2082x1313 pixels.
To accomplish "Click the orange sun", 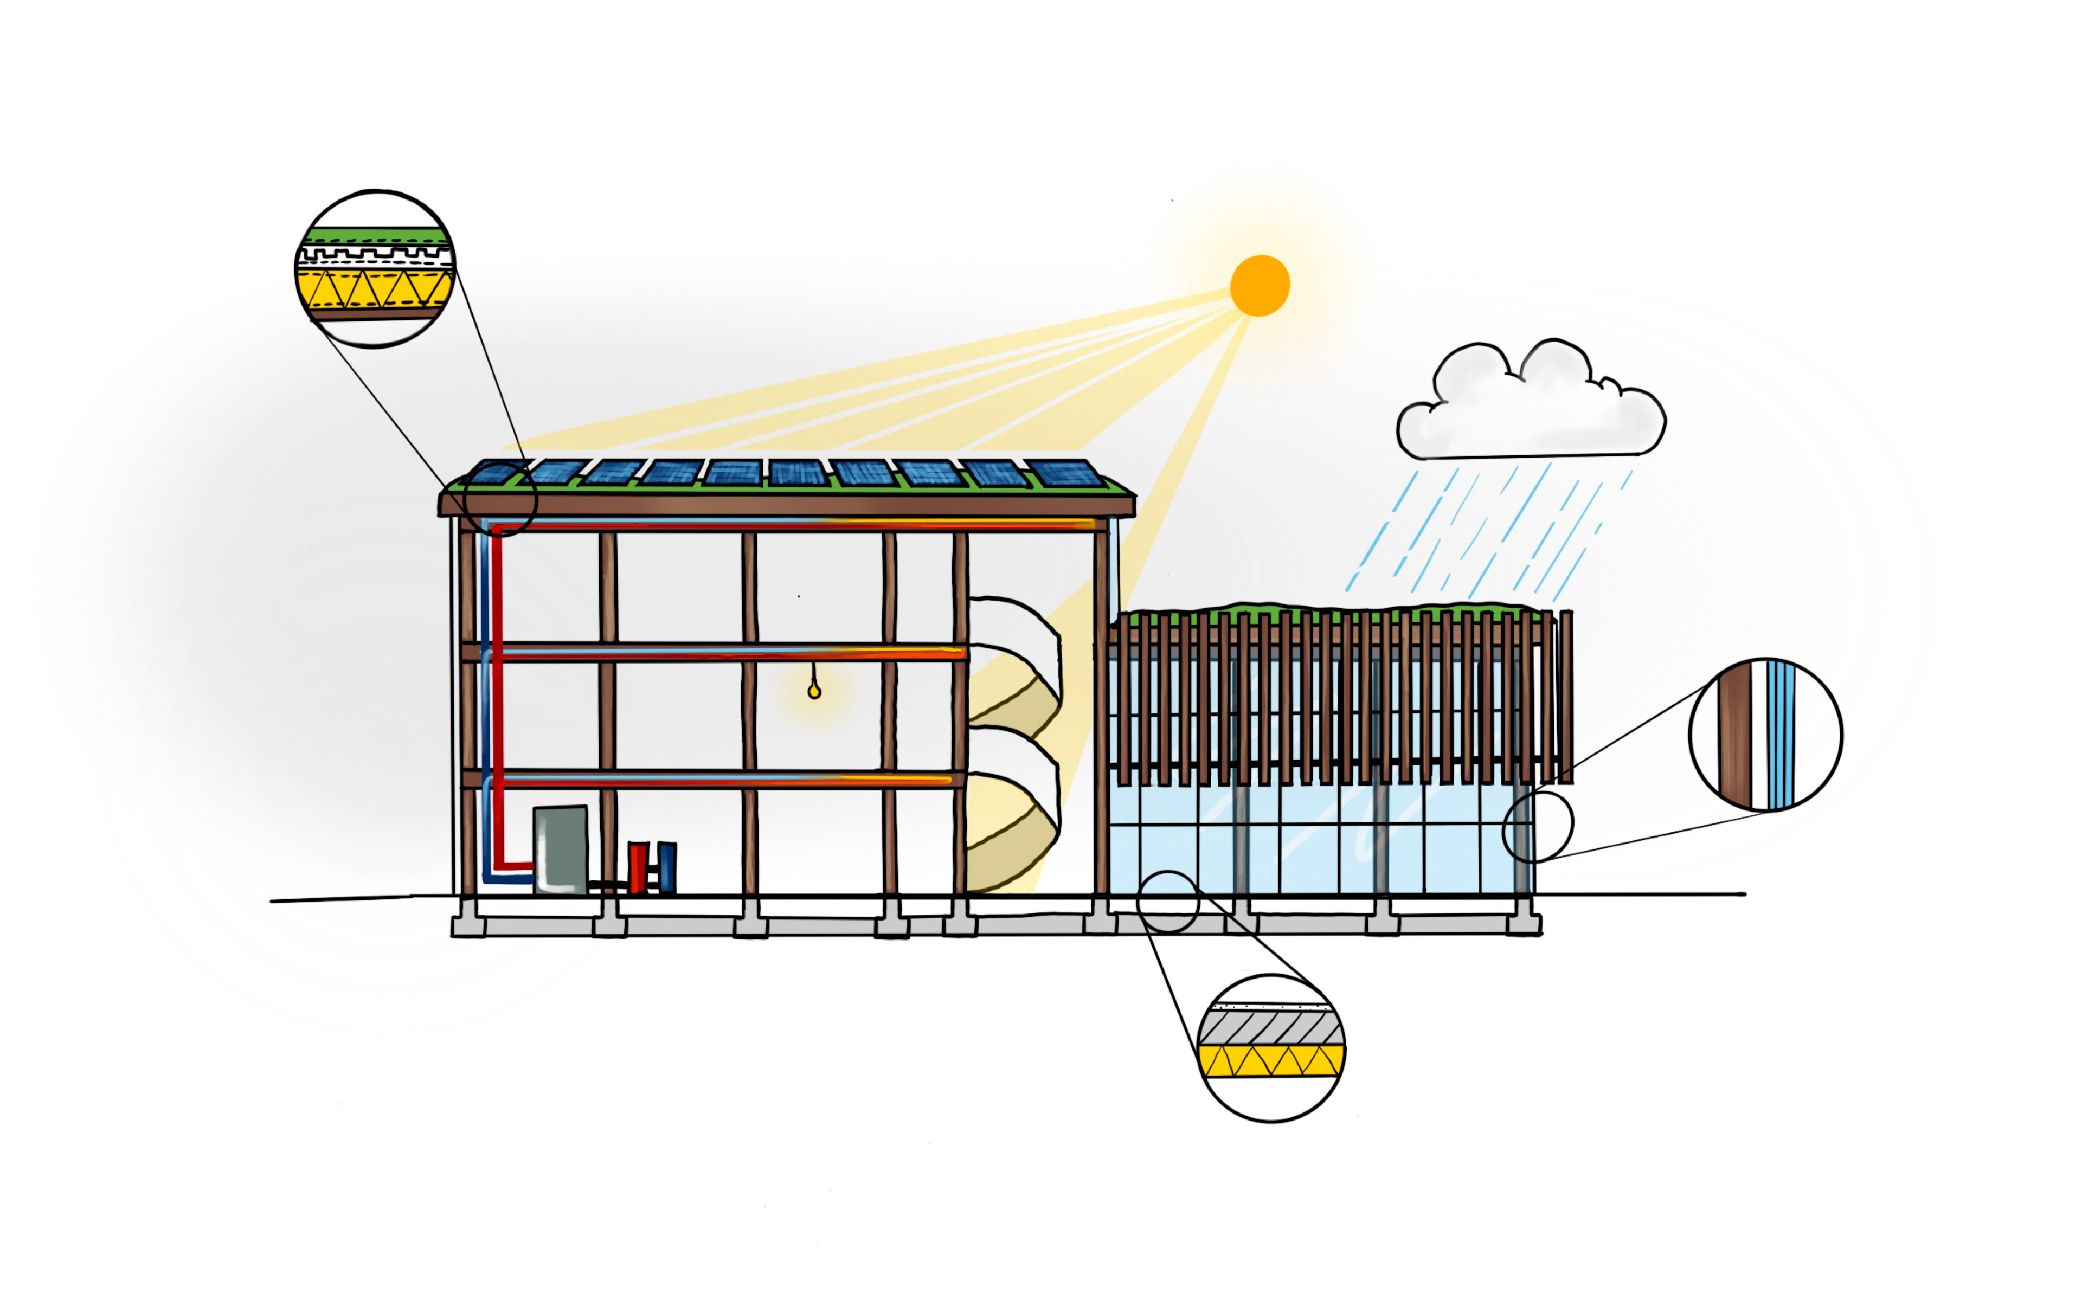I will (x=1260, y=285).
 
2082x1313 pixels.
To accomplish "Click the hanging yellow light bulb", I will (x=814, y=692).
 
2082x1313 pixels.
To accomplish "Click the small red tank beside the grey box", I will (x=637, y=866).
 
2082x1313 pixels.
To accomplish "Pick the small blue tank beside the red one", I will (x=667, y=866).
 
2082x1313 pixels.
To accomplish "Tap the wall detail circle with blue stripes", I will (x=1765, y=735).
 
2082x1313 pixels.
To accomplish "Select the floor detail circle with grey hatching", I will (x=1271, y=1048).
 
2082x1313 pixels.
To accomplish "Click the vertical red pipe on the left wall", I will (x=497, y=692).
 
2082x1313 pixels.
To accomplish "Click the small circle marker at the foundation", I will (x=1167, y=902).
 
